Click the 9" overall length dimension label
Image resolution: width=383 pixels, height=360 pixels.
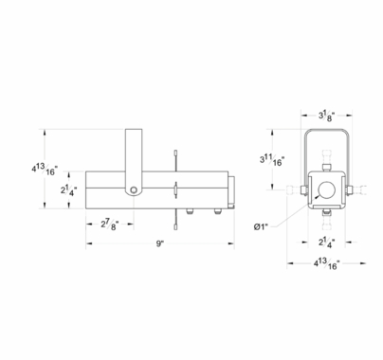click(x=160, y=243)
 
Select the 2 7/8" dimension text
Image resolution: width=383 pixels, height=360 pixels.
click(x=110, y=225)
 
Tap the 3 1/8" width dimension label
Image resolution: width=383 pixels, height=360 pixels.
click(x=327, y=117)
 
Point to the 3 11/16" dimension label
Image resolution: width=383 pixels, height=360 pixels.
click(x=272, y=159)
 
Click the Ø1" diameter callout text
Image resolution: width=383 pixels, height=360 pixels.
click(x=261, y=226)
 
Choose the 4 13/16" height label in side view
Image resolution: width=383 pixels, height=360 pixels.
click(x=45, y=170)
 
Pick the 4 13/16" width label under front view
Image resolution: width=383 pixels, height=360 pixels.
click(x=327, y=263)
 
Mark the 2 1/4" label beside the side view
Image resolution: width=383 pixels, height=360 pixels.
click(x=69, y=190)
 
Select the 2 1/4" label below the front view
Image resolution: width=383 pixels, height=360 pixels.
click(x=327, y=243)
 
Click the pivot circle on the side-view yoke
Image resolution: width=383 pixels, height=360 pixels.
click(x=134, y=189)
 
